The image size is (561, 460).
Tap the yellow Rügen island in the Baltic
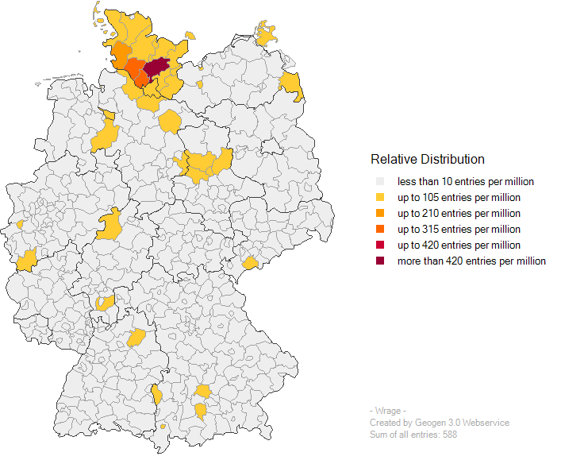(267, 33)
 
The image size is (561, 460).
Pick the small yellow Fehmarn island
(190, 35)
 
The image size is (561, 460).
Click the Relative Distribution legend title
(427, 159)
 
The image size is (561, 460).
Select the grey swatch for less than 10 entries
(380, 182)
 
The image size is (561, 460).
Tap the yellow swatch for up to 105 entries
(380, 198)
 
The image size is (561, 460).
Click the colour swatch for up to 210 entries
(380, 214)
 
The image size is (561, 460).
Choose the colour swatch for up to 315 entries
(380, 230)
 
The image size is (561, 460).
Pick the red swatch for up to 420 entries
(380, 245)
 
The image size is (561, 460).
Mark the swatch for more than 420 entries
(380, 261)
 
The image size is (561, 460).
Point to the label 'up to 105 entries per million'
(459, 198)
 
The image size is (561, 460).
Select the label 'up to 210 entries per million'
(459, 214)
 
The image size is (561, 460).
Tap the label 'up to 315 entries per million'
(459, 230)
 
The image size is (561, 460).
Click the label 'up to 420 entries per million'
(459, 245)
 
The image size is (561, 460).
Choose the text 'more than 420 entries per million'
(471, 261)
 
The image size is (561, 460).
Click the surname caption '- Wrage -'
(388, 411)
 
